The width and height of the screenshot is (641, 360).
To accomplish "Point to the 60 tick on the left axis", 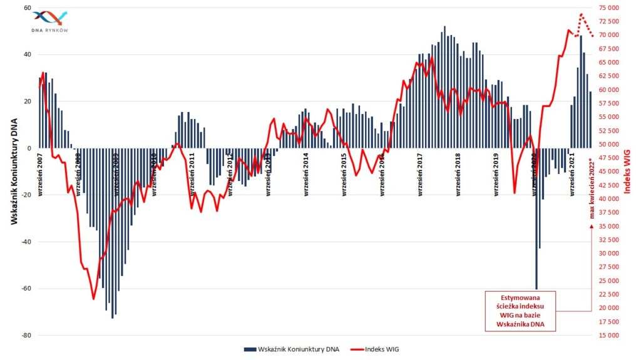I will coord(28,8).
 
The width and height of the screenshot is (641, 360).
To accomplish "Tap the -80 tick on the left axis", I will coord(26,336).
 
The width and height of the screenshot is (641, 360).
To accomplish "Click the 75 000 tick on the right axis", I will coord(608,8).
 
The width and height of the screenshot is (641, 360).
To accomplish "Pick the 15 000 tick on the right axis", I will coord(608,336).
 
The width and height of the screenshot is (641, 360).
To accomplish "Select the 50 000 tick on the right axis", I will coord(608,145).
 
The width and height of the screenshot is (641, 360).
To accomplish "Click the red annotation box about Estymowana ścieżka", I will coord(520,310).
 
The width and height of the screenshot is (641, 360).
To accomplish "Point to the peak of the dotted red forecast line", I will coord(582,14).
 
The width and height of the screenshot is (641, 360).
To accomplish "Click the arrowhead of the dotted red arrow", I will coord(591,227).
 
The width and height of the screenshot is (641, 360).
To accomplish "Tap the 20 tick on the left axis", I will coord(28,101).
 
